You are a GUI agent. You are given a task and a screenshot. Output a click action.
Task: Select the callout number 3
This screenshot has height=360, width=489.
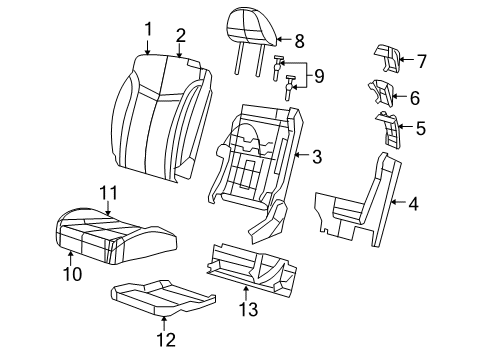(x=316, y=156)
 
